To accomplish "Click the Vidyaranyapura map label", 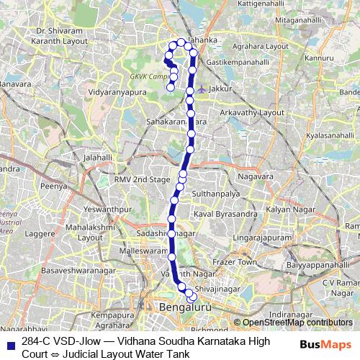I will click(x=114, y=93).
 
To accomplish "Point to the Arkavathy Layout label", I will click(x=253, y=113).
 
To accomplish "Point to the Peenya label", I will click(x=54, y=186).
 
